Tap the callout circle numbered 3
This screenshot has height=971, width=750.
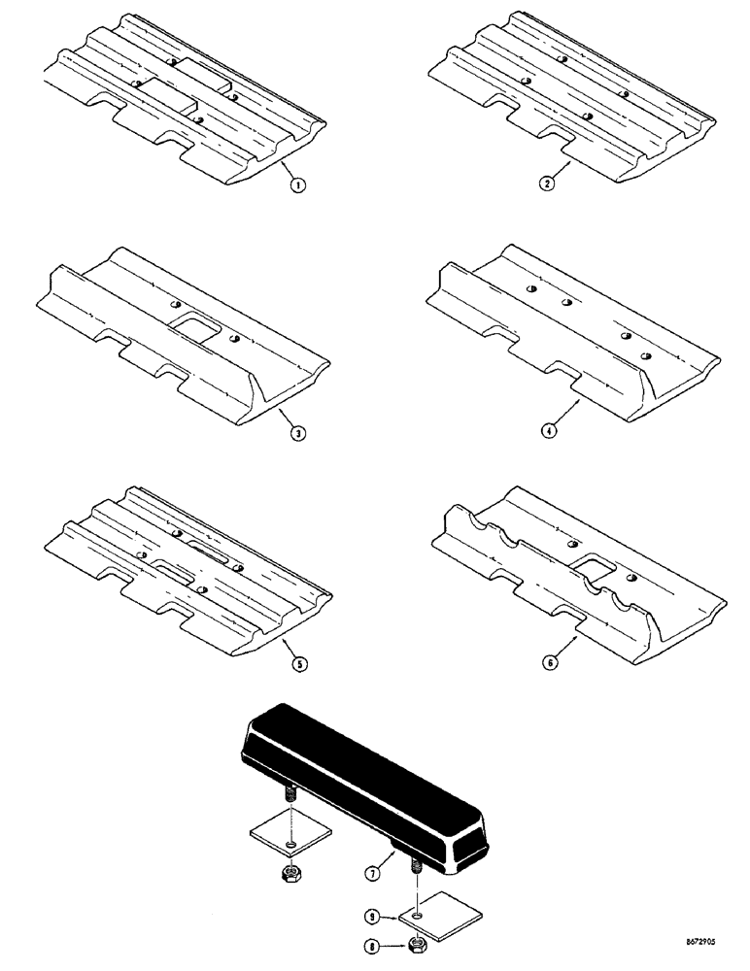pos(299,434)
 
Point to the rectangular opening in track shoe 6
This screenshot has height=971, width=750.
pos(594,570)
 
